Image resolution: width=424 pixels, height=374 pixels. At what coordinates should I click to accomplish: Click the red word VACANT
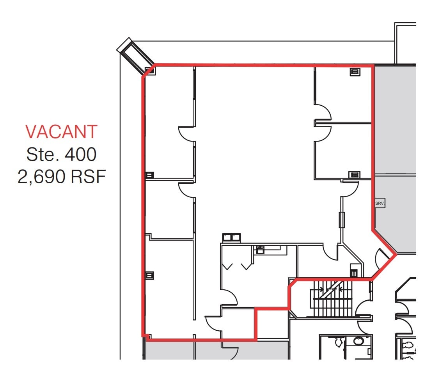tap(61, 132)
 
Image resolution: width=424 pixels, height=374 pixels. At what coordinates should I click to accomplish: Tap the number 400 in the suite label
tap(80, 155)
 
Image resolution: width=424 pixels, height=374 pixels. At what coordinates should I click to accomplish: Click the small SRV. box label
tap(380, 204)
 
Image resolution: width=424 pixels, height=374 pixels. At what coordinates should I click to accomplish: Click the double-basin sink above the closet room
tap(231, 237)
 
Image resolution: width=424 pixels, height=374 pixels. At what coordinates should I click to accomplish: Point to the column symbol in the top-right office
tap(354, 72)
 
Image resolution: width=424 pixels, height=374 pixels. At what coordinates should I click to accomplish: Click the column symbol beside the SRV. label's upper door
tap(354, 175)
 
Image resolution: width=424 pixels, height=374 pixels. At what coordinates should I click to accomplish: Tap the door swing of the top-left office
tap(186, 133)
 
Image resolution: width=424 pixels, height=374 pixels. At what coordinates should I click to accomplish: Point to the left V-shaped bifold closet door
tap(227, 266)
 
